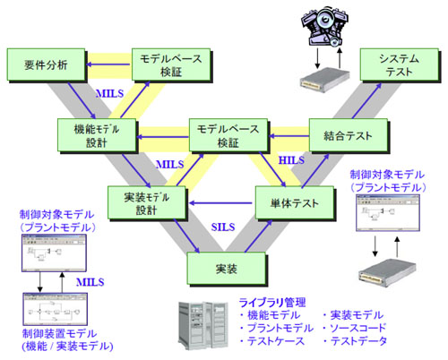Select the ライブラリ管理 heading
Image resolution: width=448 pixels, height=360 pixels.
tap(270, 301)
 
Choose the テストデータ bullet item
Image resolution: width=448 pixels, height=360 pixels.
tap(359, 341)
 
